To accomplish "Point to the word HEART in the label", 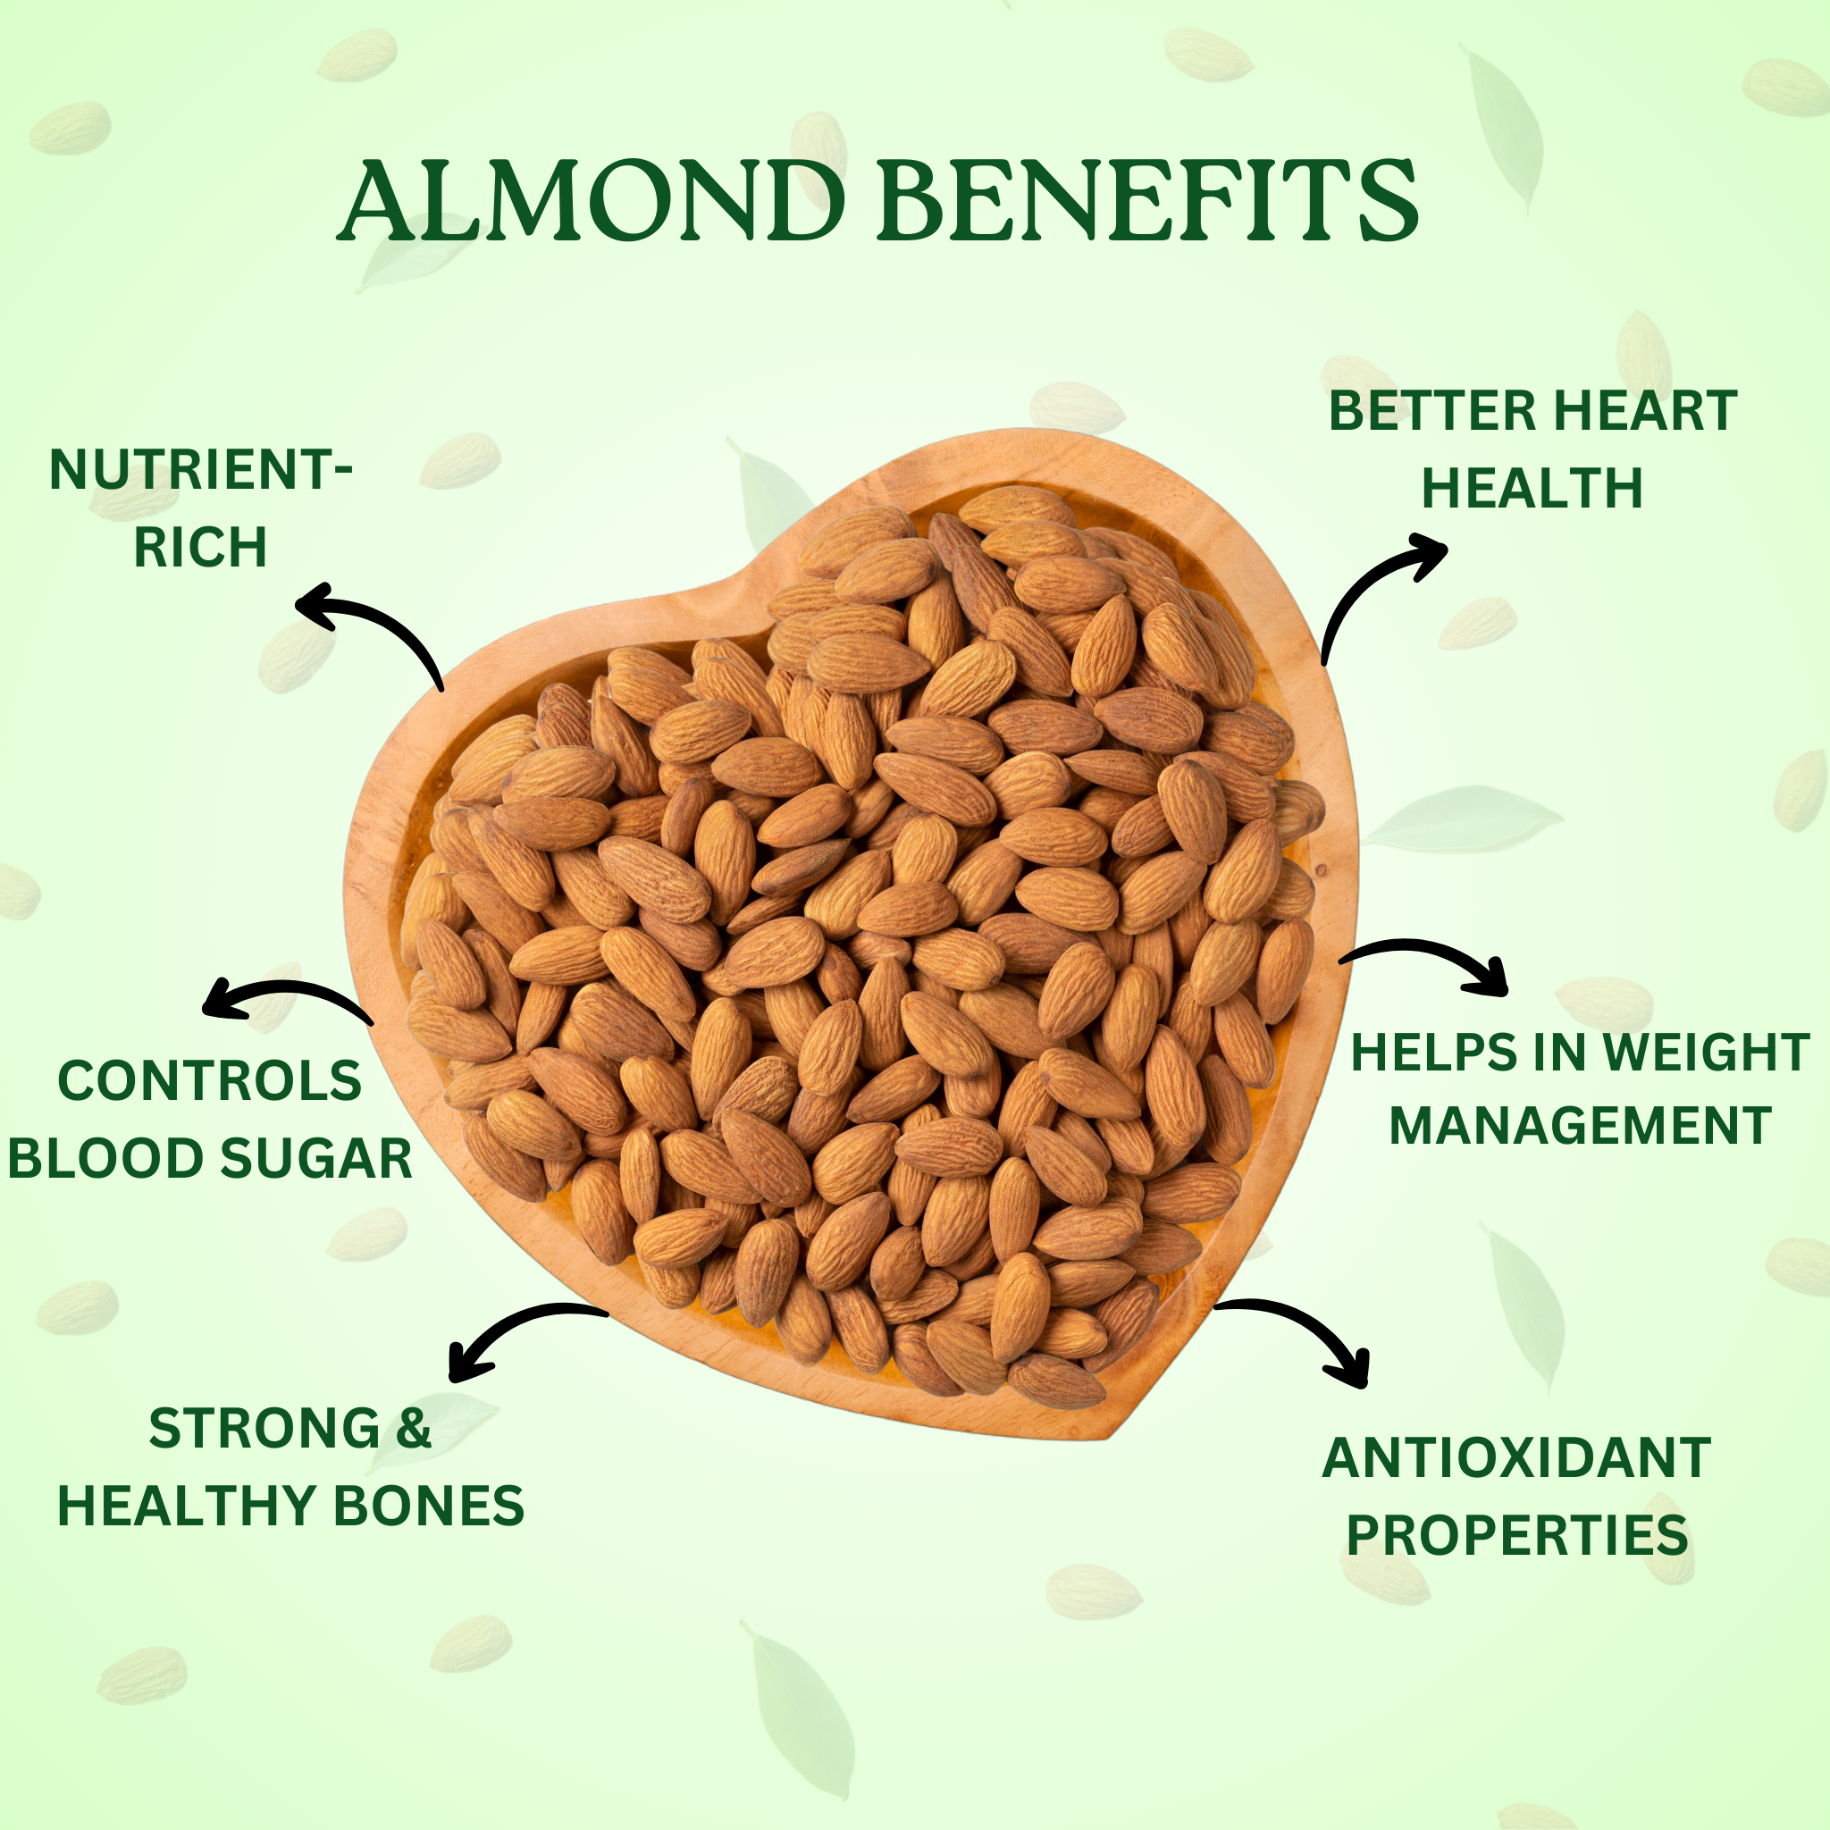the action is tap(1645, 410).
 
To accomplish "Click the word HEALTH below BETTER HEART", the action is tap(1532, 488).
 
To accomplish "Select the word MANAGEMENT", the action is tap(1580, 1125).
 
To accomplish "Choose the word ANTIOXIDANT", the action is tap(1516, 1457).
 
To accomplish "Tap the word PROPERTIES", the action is tap(1517, 1534).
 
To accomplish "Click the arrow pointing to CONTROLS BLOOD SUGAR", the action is tap(289, 989).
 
